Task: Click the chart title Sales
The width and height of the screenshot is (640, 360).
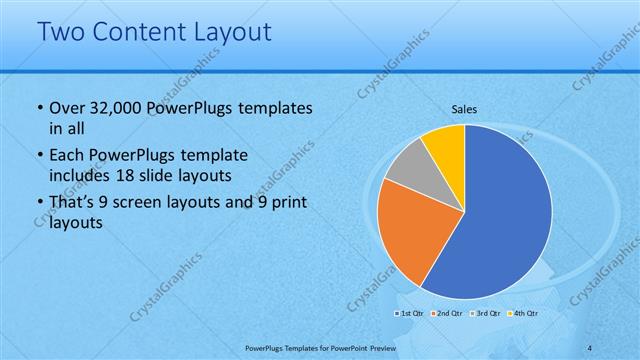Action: [465, 108]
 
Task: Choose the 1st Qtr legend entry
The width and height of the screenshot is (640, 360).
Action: [411, 314]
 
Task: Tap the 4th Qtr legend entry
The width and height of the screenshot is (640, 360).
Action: [523, 314]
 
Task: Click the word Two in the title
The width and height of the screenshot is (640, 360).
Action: [59, 32]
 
